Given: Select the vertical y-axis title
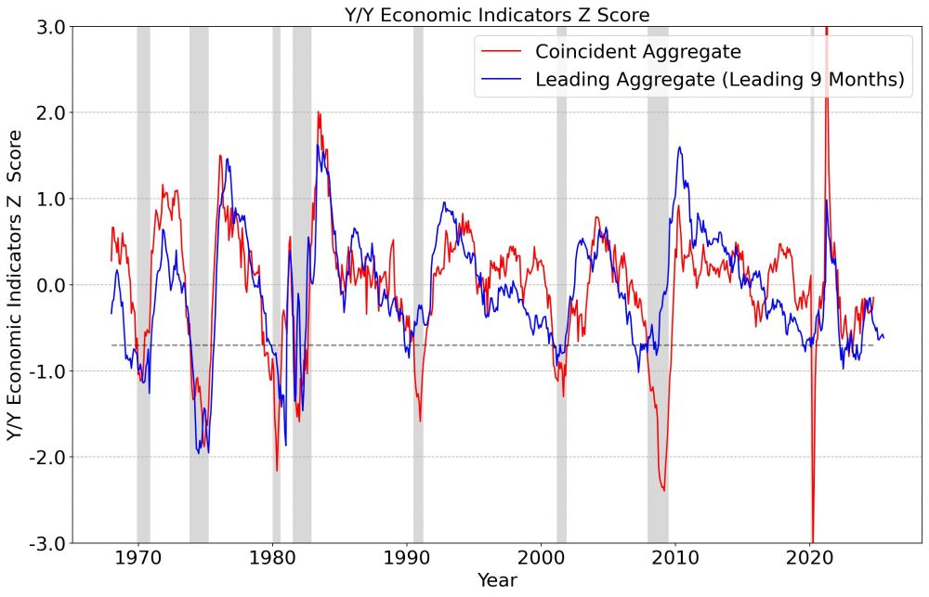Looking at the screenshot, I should (15, 285).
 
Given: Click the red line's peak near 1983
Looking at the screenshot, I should (318, 112).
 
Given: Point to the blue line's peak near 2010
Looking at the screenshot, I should (680, 147).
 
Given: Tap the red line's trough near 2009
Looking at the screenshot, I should (663, 490).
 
